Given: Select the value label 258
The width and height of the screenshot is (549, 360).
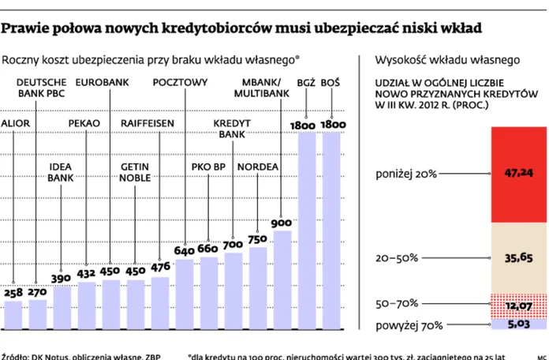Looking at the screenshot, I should [x=13, y=293].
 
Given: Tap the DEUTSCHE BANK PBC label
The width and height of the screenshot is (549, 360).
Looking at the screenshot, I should [x=41, y=87].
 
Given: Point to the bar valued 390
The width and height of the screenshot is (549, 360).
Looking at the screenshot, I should [x=62, y=306].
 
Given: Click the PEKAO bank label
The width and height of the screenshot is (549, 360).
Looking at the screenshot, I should [x=84, y=123].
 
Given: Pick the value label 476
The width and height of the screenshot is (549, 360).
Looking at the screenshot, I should [x=160, y=267].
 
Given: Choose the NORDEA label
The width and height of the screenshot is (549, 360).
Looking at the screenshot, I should [x=257, y=167].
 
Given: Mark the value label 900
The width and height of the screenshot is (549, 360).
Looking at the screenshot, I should [x=282, y=223].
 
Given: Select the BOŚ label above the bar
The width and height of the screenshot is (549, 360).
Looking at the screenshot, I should [x=331, y=82].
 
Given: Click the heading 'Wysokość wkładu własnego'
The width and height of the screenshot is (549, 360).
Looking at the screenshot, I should [x=446, y=60].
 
